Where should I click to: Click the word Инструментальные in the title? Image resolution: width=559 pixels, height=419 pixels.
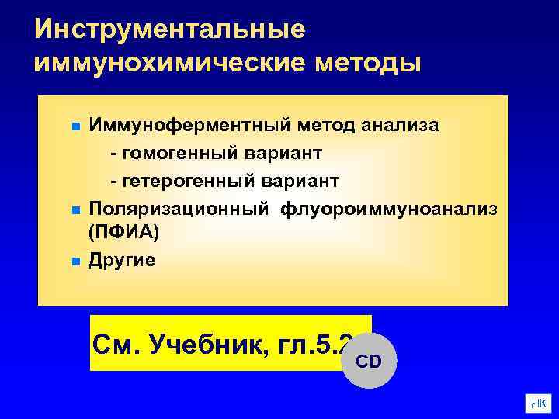(170, 29)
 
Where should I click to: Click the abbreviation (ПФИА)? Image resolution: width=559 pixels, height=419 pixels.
(124, 231)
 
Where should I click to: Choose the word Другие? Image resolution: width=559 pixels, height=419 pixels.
(122, 259)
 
